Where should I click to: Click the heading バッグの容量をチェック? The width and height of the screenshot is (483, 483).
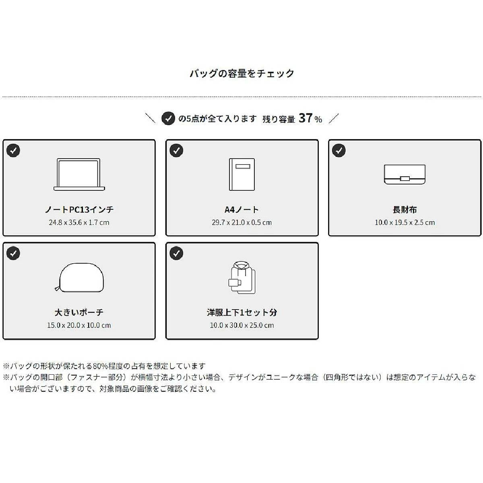242,73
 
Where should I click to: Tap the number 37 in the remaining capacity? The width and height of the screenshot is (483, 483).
306,118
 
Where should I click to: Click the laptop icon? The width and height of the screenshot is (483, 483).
79,174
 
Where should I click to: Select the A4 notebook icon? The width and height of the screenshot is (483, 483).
242,174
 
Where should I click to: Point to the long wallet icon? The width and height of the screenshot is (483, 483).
405,174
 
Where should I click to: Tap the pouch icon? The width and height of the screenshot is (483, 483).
79,277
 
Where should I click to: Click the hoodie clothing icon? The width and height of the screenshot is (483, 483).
242,277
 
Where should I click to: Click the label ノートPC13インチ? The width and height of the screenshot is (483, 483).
79,209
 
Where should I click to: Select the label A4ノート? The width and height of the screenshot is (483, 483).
242,209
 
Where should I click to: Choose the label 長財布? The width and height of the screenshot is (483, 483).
405,209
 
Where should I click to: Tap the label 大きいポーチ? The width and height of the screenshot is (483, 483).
79,312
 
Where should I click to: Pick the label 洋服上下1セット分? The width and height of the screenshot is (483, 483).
242,312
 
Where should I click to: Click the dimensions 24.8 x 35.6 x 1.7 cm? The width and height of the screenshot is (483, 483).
79,222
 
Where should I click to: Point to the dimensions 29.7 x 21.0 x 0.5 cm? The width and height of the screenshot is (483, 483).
242,222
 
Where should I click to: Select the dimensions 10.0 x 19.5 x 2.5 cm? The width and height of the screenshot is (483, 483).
405,222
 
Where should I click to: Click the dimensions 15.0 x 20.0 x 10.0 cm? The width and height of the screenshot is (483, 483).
79,325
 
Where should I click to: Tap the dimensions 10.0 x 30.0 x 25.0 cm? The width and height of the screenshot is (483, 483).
242,325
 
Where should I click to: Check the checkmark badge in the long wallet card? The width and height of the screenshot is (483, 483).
339,151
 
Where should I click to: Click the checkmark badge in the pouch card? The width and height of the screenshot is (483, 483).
13,253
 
